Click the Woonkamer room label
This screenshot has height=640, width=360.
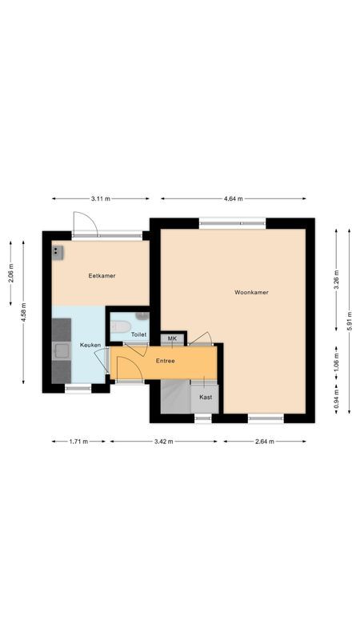pos(251,292)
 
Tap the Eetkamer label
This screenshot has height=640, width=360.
pos(102,275)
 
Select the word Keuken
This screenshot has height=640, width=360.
pos(90,345)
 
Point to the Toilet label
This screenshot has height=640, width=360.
pos(138,334)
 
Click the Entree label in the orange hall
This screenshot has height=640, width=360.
pos(165,360)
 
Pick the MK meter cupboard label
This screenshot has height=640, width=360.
pos(172,339)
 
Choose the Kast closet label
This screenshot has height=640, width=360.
pos(206,397)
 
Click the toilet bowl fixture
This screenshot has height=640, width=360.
pos(121,325)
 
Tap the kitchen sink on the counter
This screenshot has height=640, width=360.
pos(61,350)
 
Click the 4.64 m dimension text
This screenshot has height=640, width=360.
pos(234,198)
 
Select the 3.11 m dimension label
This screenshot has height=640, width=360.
pos(100,198)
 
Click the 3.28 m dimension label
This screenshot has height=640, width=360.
pos(336,279)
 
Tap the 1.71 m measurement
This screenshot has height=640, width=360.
pos(78,441)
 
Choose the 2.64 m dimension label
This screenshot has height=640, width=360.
pos(265,441)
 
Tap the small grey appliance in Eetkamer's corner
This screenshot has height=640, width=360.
pos(58,252)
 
